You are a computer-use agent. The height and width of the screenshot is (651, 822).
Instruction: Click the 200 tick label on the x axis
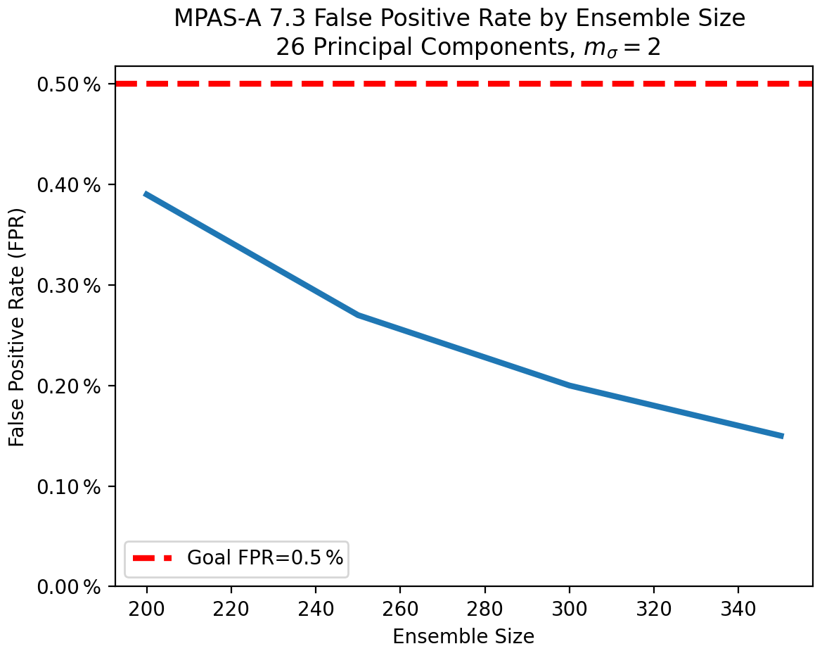147,607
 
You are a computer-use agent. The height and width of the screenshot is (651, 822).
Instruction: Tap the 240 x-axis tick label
316,607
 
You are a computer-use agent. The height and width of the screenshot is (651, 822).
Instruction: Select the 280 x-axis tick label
484,607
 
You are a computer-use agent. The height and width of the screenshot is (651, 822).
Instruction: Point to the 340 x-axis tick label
738,607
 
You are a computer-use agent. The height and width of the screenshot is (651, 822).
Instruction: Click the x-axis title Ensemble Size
463,636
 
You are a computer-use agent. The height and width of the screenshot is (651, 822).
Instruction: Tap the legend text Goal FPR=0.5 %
265,558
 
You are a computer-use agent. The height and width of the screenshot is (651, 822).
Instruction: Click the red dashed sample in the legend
153,558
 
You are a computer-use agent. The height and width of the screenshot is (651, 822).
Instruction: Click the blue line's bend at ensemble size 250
358,315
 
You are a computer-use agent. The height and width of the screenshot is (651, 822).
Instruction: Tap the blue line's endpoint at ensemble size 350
781,436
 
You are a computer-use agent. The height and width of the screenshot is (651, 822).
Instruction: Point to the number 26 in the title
288,47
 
